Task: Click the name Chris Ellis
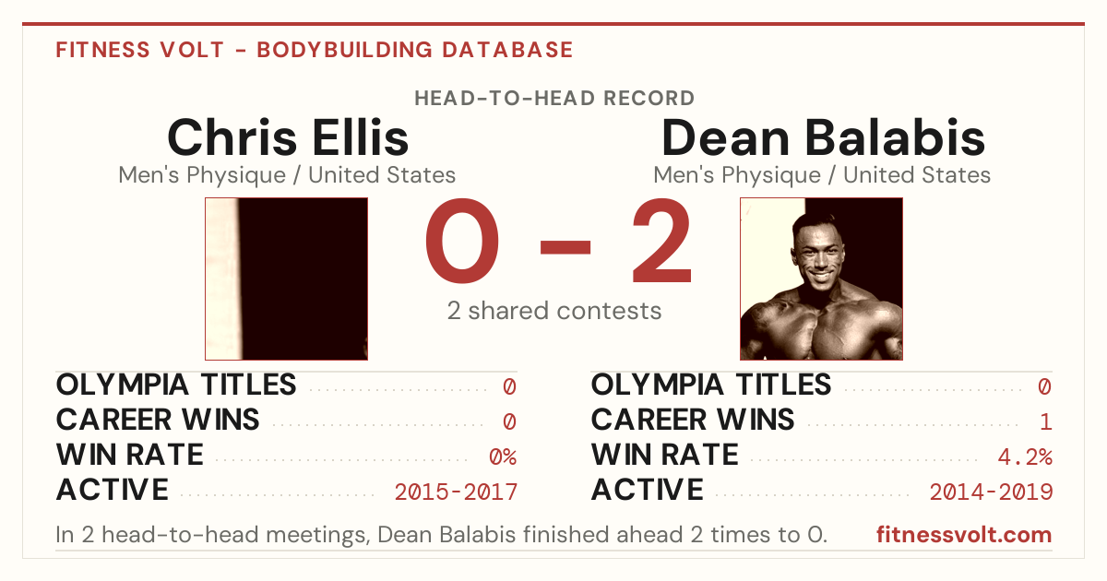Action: coord(288,136)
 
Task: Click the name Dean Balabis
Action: coord(823,136)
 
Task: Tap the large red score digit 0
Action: coord(462,241)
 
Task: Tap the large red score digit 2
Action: coord(661,241)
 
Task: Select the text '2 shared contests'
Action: coord(554,311)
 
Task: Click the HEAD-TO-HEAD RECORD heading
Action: coord(554,99)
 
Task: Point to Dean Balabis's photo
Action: coord(821,279)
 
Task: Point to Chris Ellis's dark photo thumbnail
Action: coord(287,279)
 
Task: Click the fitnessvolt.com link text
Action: coord(964,535)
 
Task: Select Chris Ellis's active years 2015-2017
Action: coord(456,492)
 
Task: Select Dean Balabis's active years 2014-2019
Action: coord(991,492)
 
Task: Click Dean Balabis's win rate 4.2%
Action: coord(1025,457)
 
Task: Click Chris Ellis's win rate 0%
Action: coord(503,457)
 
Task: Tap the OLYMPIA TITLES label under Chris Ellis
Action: coord(176,385)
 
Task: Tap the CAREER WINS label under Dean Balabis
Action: coord(693,420)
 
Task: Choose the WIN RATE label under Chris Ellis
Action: coord(130,455)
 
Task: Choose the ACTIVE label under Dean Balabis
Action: coord(648,490)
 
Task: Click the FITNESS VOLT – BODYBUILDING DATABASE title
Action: coord(315,50)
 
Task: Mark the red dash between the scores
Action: coord(565,247)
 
